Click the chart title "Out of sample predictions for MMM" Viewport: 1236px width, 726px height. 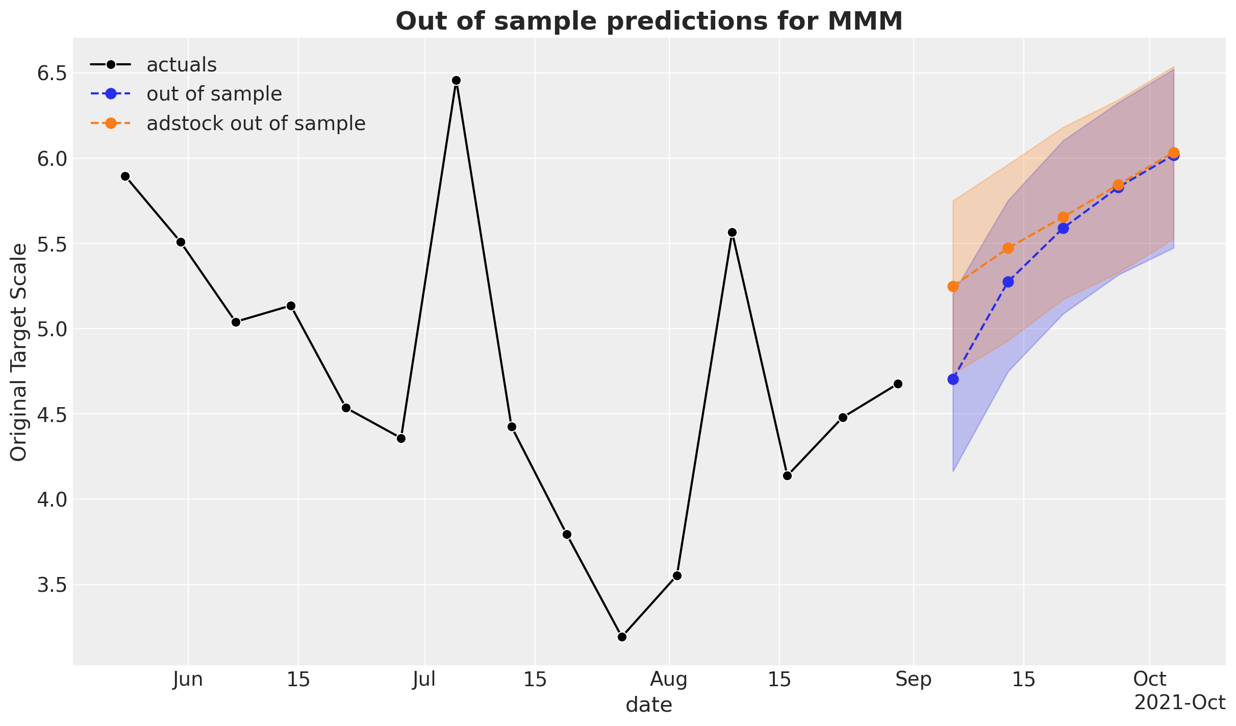[x=649, y=21]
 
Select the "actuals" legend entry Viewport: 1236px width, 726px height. [x=181, y=65]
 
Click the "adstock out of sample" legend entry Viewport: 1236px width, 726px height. [x=256, y=123]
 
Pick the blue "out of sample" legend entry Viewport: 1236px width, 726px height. [x=214, y=94]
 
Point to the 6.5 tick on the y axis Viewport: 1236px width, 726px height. [x=53, y=73]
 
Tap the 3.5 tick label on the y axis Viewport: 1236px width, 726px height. [x=53, y=585]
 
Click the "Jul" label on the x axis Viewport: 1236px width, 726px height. [x=424, y=680]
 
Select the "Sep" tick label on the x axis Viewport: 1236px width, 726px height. [x=913, y=680]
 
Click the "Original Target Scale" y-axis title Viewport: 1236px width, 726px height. [x=19, y=353]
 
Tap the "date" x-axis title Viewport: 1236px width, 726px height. [x=648, y=705]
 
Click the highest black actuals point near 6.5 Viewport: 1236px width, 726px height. [x=457, y=81]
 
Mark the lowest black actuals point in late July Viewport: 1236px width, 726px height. [x=622, y=637]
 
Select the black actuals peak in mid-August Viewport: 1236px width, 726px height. [x=732, y=233]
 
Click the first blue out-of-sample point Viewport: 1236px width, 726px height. [x=953, y=380]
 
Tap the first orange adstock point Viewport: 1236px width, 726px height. [x=953, y=287]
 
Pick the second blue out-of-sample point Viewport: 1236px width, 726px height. [x=1008, y=282]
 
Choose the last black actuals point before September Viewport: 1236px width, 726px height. [x=898, y=384]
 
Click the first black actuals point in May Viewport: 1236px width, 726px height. [x=125, y=177]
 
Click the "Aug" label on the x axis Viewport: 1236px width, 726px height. [x=669, y=680]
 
